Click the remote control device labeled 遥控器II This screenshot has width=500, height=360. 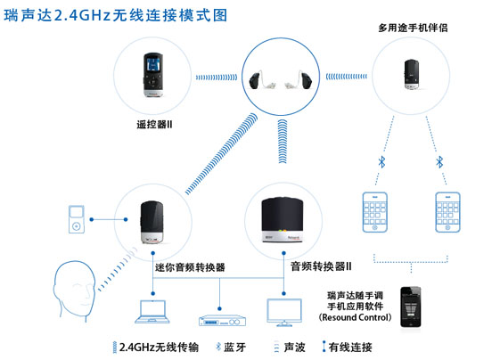click(153, 75)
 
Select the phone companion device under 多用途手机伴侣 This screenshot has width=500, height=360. click(412, 74)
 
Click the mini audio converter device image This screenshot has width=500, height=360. click(152, 222)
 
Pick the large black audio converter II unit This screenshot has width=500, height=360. click(283, 220)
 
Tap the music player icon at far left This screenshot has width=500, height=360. click(77, 219)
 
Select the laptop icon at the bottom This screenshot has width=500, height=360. click(152, 312)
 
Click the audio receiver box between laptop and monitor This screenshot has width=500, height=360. click(222, 321)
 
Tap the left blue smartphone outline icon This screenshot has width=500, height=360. click(375, 212)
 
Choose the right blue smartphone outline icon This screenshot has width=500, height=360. click(447, 212)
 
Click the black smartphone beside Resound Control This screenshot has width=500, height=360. click(411, 307)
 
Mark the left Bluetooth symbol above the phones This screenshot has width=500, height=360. click(381, 161)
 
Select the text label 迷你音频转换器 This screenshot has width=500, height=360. click(190, 267)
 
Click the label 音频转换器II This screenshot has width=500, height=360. click(321, 266)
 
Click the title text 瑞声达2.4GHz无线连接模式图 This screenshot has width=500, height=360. click(116, 15)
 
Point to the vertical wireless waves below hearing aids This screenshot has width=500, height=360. click(283, 142)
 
